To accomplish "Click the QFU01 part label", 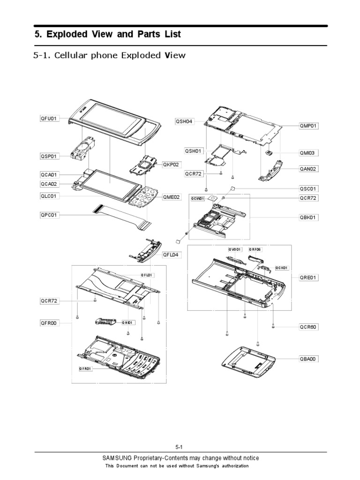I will [49, 119].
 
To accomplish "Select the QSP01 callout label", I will [49, 156].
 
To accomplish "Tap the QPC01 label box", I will [49, 215].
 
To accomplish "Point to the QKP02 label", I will [171, 165].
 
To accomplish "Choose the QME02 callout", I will [171, 197].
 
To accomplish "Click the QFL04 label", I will [171, 255].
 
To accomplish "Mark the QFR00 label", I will [49, 322].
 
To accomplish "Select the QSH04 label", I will [184, 121].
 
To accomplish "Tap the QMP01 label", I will [308, 126].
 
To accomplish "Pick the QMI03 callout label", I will [308, 152].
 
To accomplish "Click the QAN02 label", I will [308, 169].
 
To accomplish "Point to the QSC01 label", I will [308, 188].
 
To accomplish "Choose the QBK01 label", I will [308, 217].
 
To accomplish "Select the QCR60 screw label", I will [308, 327].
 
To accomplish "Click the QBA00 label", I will [308, 359].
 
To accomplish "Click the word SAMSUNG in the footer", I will [118, 458].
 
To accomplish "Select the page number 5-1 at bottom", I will [180, 447].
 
